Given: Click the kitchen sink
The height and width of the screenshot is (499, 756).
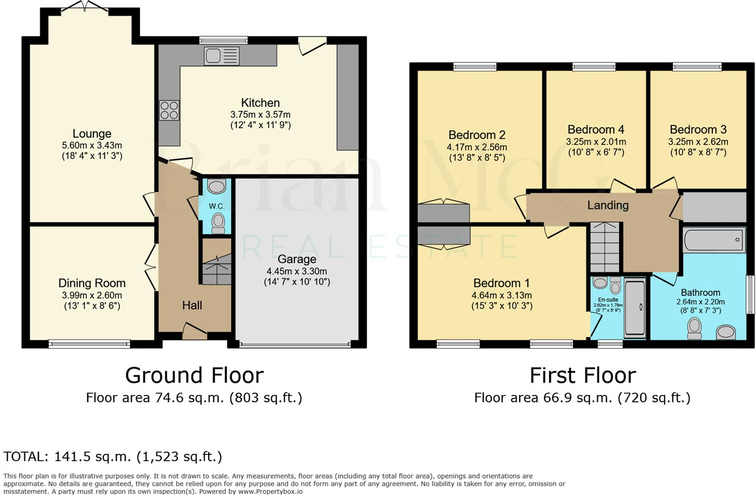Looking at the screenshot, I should [222, 56].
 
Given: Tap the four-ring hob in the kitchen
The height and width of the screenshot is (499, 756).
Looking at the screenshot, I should [169, 110].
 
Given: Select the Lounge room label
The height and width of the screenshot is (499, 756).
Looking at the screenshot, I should [92, 134].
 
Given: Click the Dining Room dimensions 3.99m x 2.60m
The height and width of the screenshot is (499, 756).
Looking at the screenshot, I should [92, 295].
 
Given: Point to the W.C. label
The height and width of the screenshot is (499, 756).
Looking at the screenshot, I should [217, 206].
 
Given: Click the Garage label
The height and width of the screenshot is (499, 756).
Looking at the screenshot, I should [296, 259].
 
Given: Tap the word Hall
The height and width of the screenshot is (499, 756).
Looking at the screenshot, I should [192, 306].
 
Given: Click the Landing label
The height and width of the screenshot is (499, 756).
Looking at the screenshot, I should [608, 205].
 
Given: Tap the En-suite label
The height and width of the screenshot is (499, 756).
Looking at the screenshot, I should [608, 300].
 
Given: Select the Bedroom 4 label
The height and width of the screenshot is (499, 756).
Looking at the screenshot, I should [596, 129].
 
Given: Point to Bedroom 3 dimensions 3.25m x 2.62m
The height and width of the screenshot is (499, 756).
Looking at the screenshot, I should [698, 141].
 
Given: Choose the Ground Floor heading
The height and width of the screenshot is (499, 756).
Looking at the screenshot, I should [194, 375].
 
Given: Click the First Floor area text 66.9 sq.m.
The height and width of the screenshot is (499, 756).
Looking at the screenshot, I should [582, 398].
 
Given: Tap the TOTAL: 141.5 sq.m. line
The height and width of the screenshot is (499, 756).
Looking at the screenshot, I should [113, 457].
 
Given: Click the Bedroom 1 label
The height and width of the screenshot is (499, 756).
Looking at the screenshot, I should [501, 283].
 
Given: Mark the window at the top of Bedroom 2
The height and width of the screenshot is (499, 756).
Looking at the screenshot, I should [475, 66].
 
